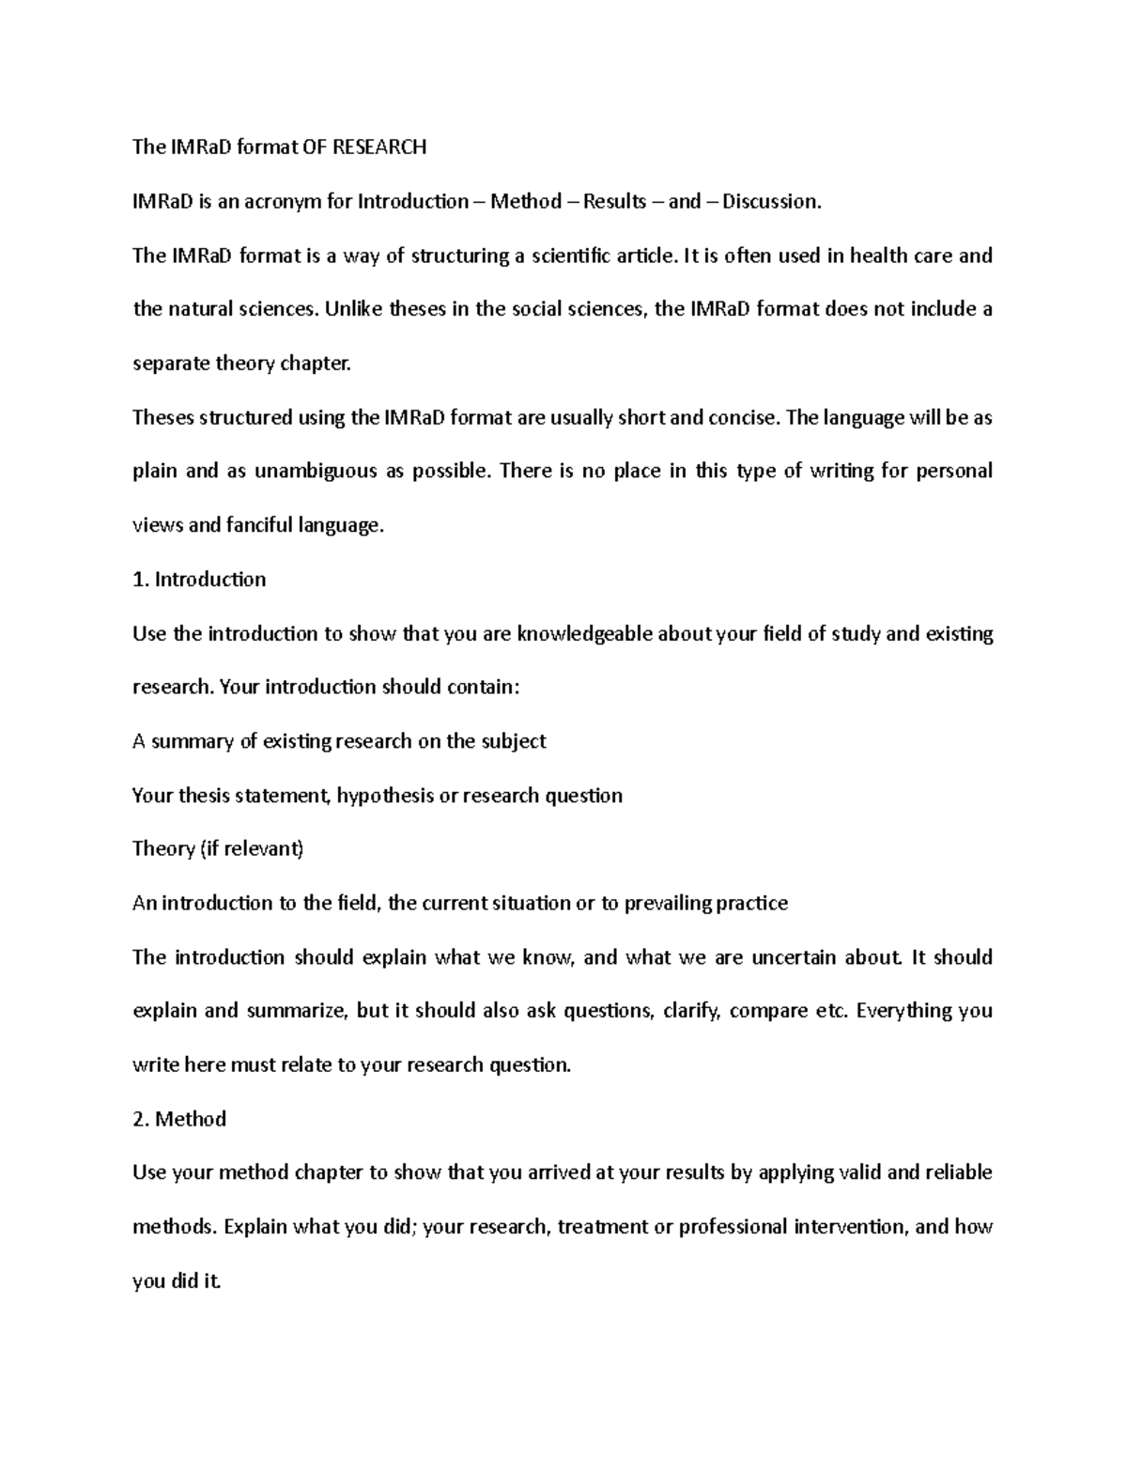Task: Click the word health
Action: pos(884,256)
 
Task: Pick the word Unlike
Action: pos(353,309)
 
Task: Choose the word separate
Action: pos(171,364)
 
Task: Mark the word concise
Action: pos(743,417)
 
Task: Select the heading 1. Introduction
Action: pos(199,580)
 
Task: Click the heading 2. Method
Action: pos(179,1119)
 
